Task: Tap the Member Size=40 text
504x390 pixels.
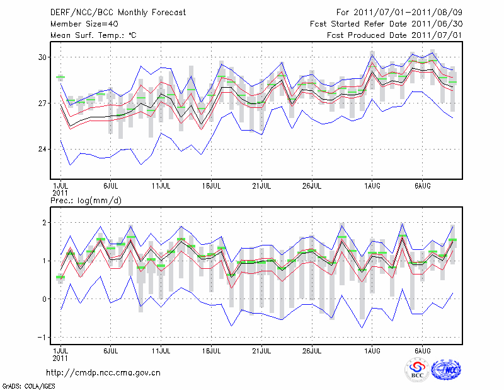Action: tap(79, 24)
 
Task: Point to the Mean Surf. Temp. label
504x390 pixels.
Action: tap(93, 35)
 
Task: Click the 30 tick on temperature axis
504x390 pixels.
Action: tap(42, 57)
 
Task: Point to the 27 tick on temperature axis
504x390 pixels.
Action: tap(42, 103)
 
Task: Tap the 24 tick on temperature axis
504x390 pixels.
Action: tap(42, 150)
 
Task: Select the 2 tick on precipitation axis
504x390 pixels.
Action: tap(45, 223)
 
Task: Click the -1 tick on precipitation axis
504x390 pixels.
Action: tap(42, 338)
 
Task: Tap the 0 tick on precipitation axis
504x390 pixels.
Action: tap(45, 299)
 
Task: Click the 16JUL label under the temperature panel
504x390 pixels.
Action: tap(212, 187)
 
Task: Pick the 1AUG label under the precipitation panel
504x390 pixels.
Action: tap(372, 350)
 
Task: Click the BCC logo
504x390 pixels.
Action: tap(417, 370)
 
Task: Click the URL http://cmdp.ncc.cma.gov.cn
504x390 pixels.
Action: tap(103, 372)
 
